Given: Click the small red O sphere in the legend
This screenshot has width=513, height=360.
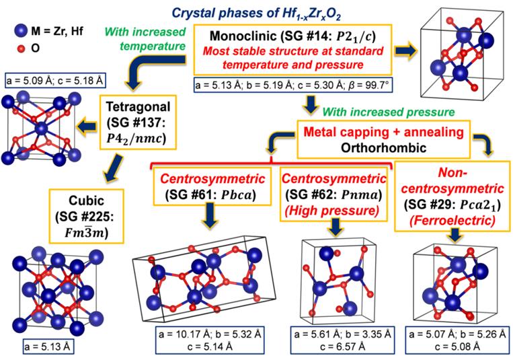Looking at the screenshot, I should [x=21, y=48].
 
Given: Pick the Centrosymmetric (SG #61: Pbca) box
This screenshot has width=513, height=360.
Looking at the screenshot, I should [x=217, y=189].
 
